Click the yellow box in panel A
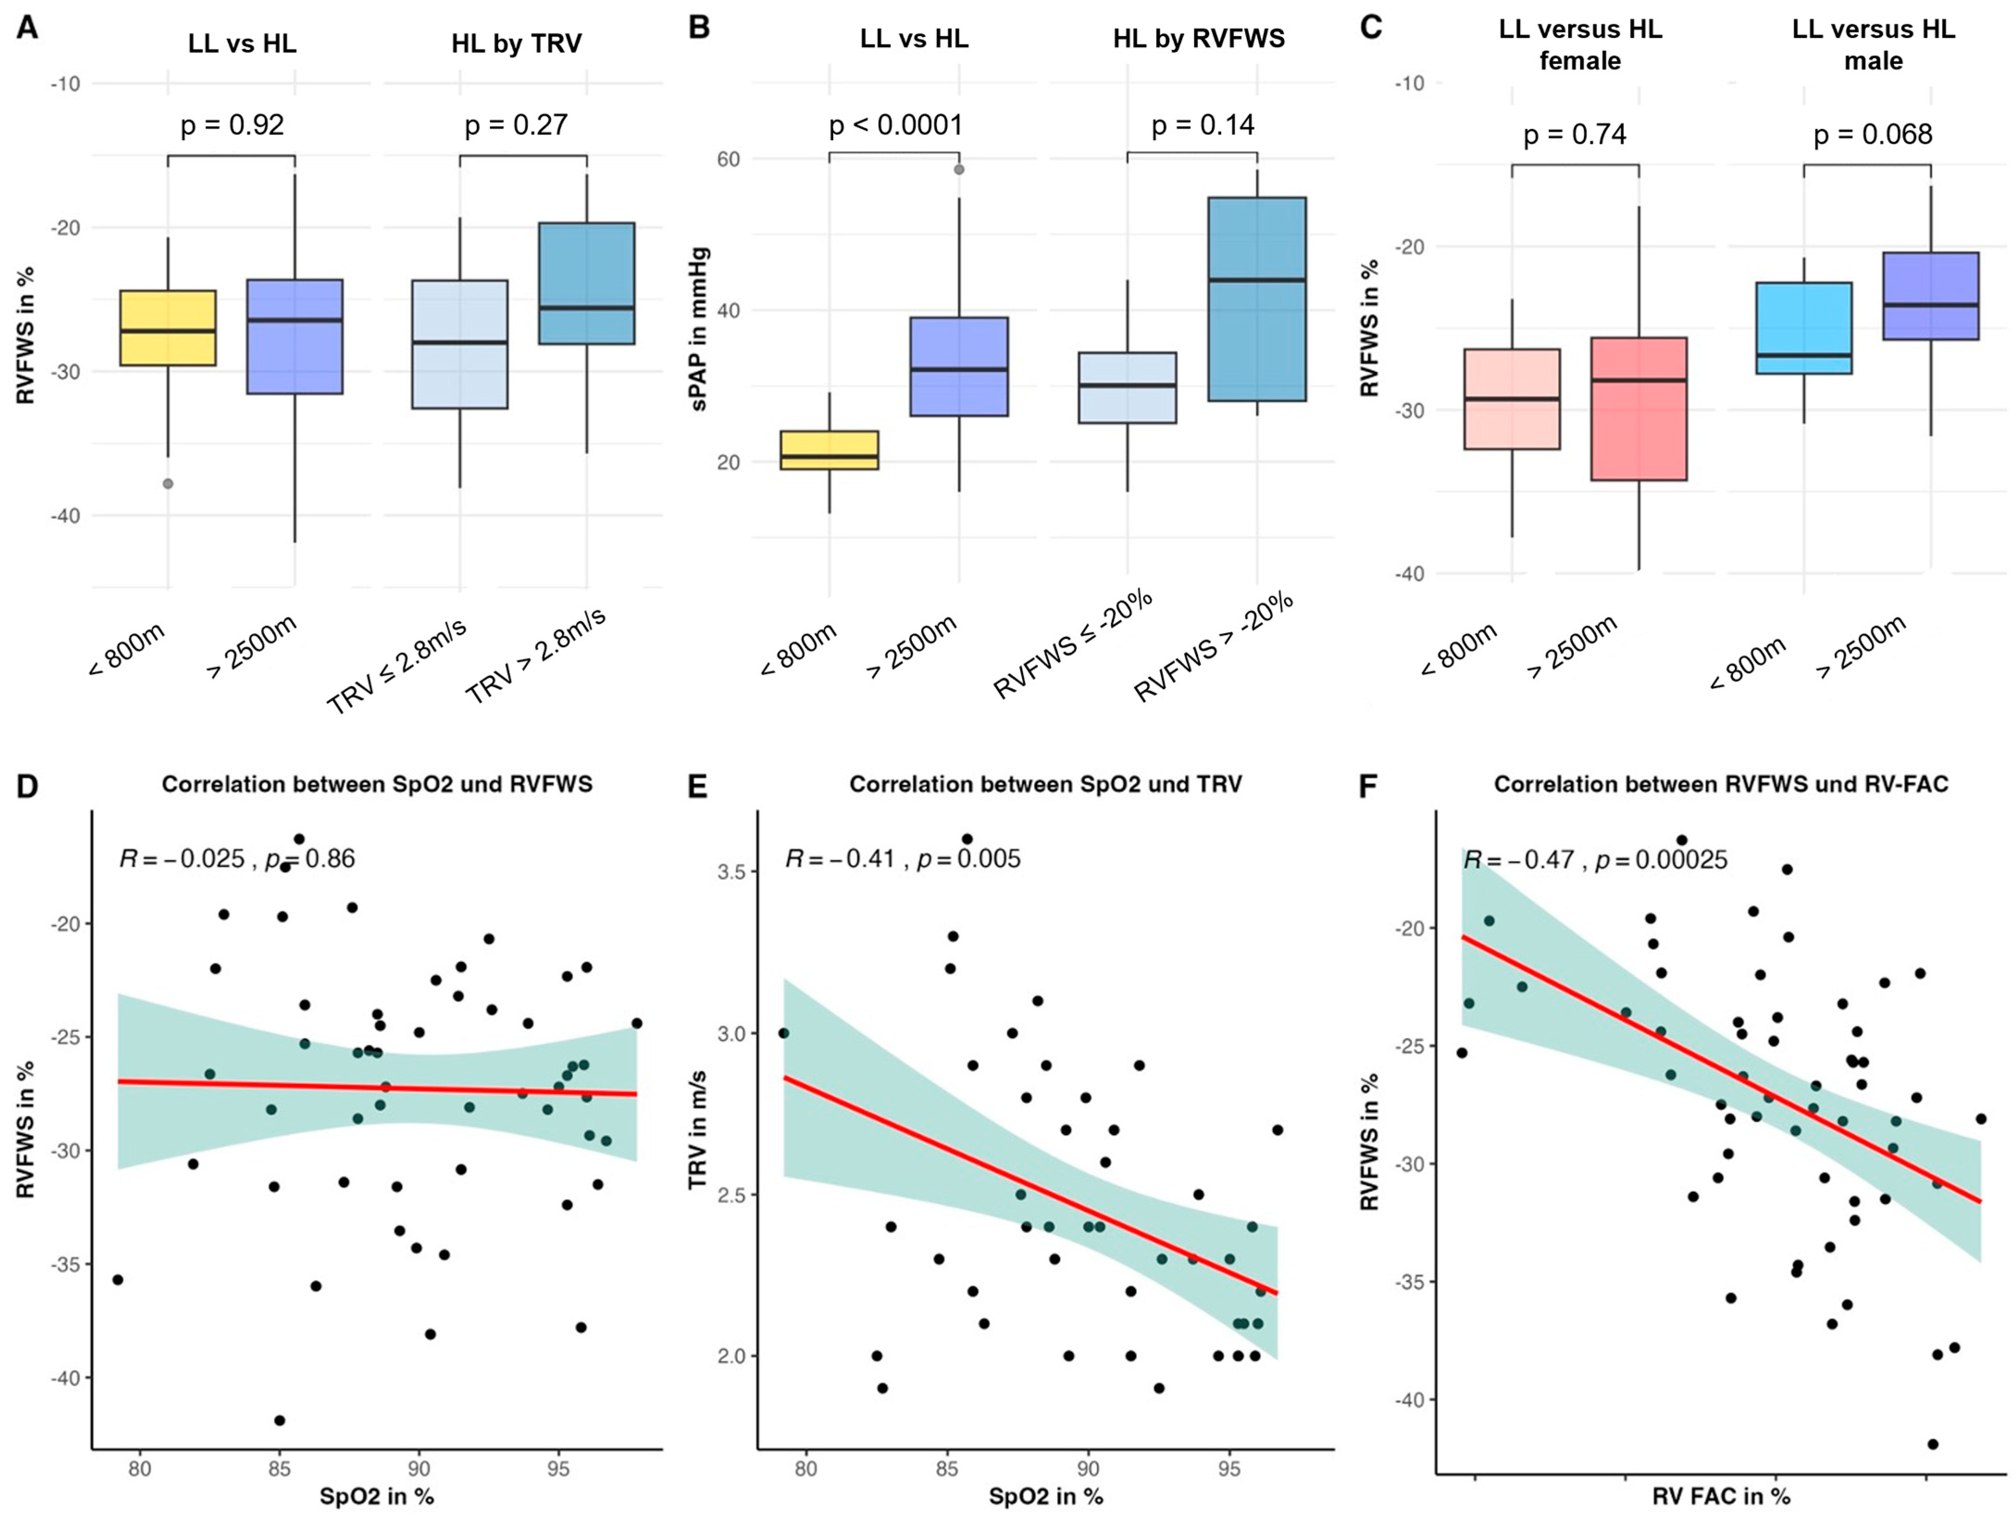[x=167, y=328]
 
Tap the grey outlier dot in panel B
[x=959, y=169]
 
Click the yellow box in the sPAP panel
[x=829, y=450]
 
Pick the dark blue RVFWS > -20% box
[x=1257, y=299]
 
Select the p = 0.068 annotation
[x=1873, y=135]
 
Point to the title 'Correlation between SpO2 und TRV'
[x=1045, y=784]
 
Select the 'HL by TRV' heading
[x=517, y=44]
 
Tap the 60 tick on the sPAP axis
[x=728, y=160]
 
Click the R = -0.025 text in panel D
[x=182, y=859]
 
